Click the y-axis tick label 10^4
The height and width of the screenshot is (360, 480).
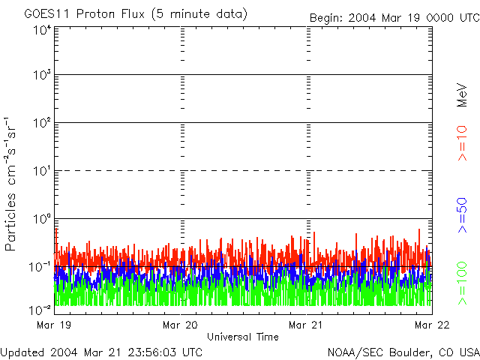41,30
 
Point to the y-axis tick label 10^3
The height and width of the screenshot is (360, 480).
41,75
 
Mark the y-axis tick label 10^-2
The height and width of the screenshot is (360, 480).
40,309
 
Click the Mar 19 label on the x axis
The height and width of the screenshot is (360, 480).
52,325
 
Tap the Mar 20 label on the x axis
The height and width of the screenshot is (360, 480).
179,325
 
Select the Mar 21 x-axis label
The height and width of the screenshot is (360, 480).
305,325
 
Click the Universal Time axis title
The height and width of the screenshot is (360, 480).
242,337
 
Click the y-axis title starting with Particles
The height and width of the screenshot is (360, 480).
12,183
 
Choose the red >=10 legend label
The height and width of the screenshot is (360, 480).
463,143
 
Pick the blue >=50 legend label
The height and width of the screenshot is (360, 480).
463,214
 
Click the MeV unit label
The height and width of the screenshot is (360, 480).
463,96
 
